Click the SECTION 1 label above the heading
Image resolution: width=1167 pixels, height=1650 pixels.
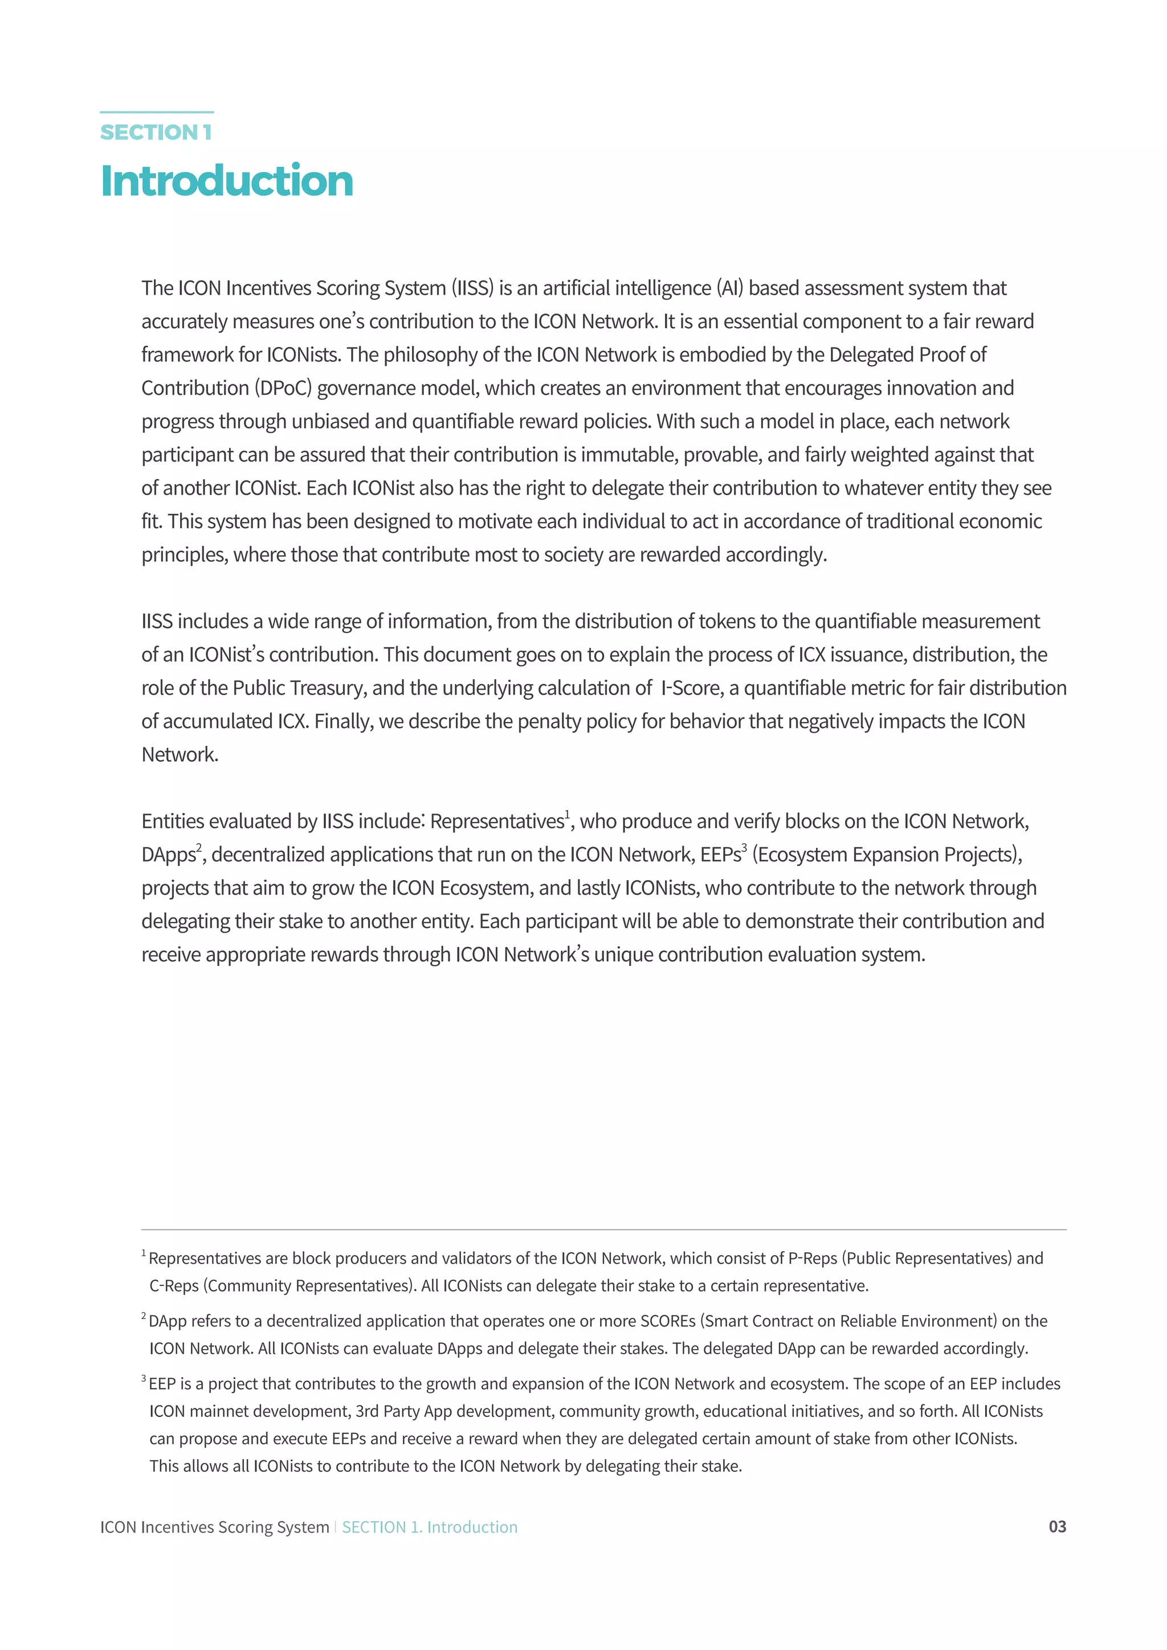pyautogui.click(x=156, y=132)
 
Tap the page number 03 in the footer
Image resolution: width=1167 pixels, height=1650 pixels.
pyautogui.click(x=1057, y=1526)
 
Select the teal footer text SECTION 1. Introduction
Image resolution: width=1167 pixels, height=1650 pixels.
pyautogui.click(x=429, y=1527)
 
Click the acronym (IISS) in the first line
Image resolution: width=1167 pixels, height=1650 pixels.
pyautogui.click(x=472, y=288)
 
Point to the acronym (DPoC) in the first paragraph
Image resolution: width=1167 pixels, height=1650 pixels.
pyautogui.click(x=283, y=388)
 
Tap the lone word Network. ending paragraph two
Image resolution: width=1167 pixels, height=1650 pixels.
pyautogui.click(x=179, y=754)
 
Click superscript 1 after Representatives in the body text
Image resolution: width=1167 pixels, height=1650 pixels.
pyautogui.click(x=567, y=814)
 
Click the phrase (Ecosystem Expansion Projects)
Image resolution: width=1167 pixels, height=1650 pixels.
pyautogui.click(x=887, y=855)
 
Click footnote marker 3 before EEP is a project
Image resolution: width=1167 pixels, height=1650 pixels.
pyautogui.click(x=144, y=1378)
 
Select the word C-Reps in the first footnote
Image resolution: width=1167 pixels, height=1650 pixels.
pyautogui.click(x=174, y=1286)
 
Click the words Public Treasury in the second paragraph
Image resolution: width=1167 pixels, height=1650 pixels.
pyautogui.click(x=300, y=688)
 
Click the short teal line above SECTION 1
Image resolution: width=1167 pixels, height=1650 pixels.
pyautogui.click(x=157, y=112)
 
